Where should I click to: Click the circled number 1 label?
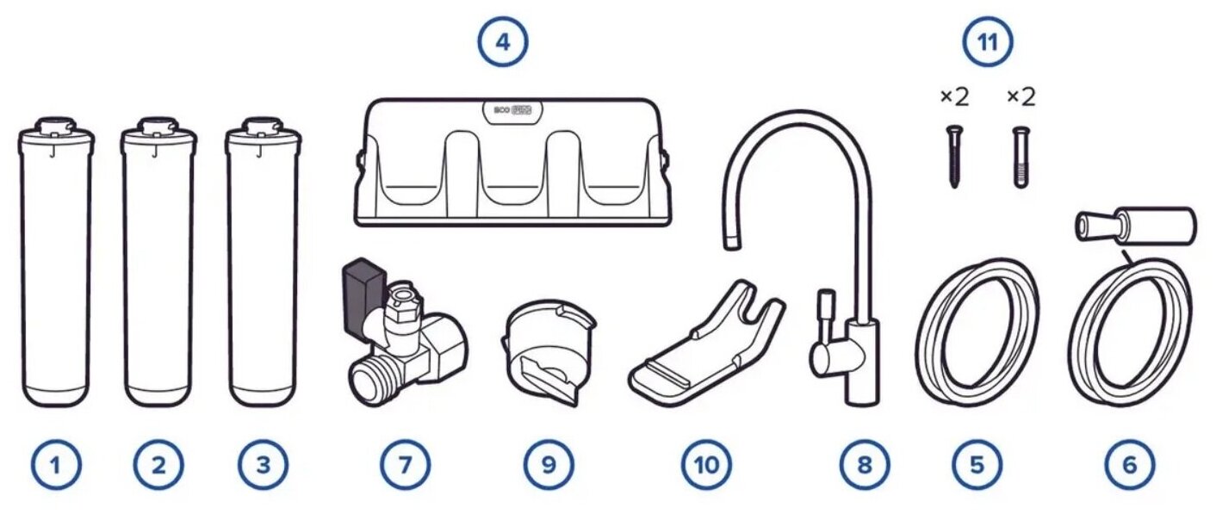pos(56,465)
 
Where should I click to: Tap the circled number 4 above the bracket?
pos(504,42)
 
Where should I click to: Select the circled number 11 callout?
pos(987,42)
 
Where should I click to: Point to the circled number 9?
pos(548,465)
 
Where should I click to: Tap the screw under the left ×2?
pos(952,155)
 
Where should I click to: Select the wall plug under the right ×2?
pos(1021,155)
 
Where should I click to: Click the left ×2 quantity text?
pos(953,96)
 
